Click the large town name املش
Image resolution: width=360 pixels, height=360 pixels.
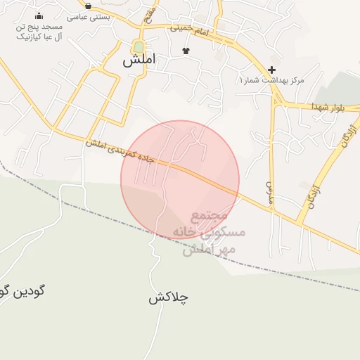[x=139, y=60]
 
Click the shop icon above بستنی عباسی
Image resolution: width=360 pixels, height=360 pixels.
[x=87, y=6]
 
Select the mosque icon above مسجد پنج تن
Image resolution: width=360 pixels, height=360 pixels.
[x=39, y=15]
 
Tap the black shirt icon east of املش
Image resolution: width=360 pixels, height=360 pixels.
[x=186, y=51]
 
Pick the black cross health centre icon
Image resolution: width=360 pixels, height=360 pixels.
[x=271, y=70]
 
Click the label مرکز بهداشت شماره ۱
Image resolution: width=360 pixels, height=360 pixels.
[x=272, y=80]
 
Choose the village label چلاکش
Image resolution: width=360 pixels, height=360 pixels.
[x=168, y=297]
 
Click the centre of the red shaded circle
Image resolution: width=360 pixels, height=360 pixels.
[x=180, y=179]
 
